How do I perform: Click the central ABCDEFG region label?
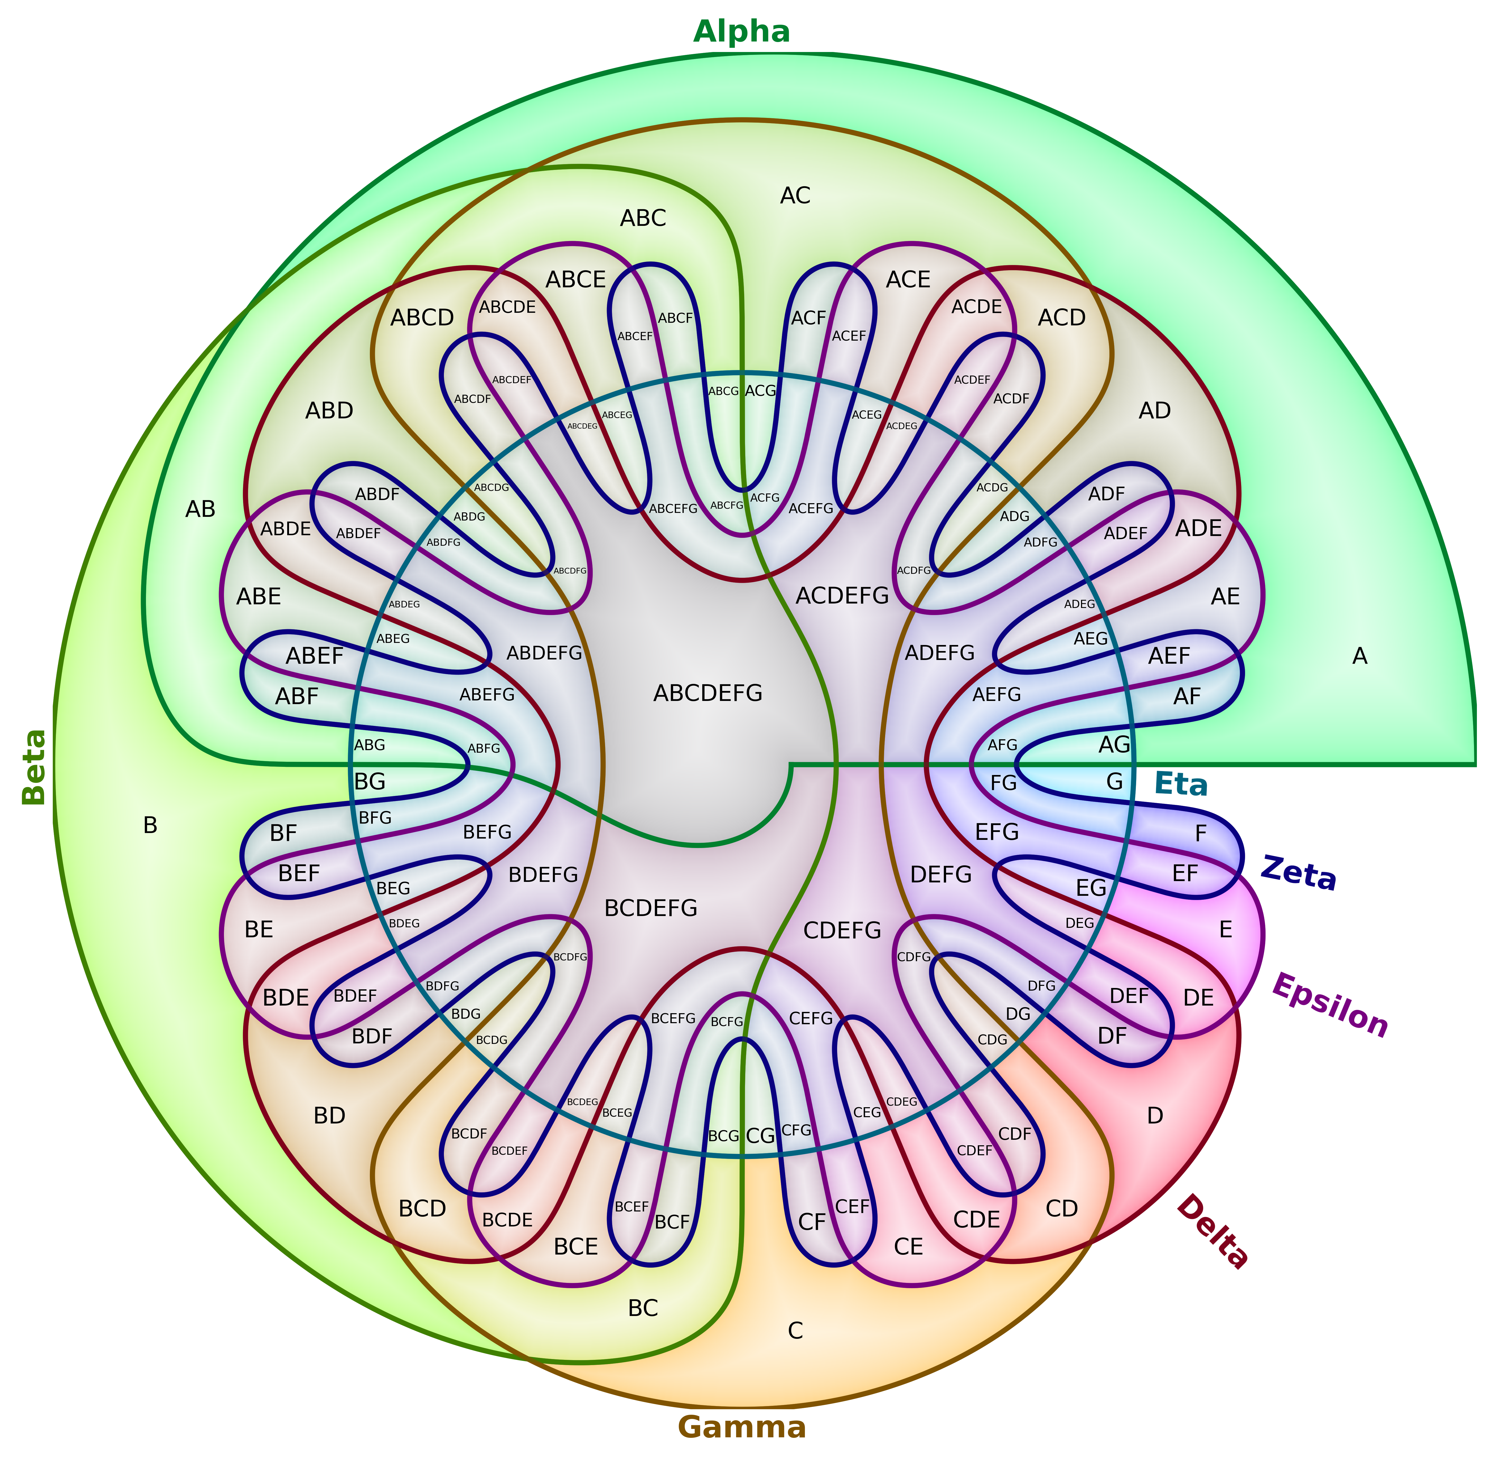pyautogui.click(x=707, y=693)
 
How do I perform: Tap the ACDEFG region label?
pyautogui.click(x=842, y=595)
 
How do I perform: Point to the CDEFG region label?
pyautogui.click(x=842, y=931)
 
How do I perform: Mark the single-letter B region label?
pyautogui.click(x=150, y=825)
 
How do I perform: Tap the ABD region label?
pyautogui.click(x=329, y=411)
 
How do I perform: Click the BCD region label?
pyautogui.click(x=422, y=1209)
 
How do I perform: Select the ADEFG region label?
pyautogui.click(x=939, y=653)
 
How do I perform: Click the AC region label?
pyautogui.click(x=795, y=196)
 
